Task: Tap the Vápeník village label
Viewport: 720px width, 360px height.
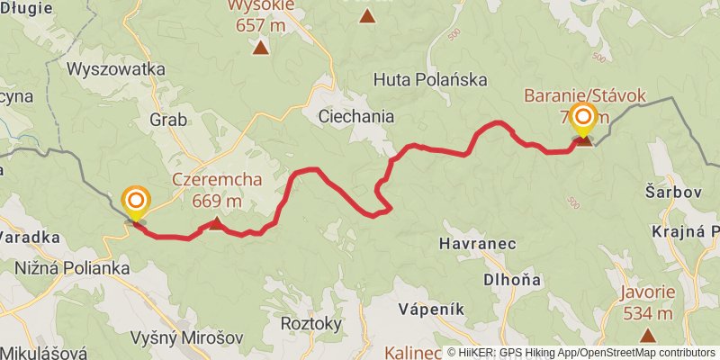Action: coord(432,309)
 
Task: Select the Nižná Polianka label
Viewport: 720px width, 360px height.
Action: coord(73,268)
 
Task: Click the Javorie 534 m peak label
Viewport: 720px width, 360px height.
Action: coord(647,303)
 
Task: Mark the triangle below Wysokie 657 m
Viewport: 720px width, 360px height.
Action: coord(260,48)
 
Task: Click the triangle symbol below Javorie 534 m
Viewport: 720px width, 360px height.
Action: coord(647,336)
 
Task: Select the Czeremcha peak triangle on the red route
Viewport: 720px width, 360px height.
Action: coord(216,222)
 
